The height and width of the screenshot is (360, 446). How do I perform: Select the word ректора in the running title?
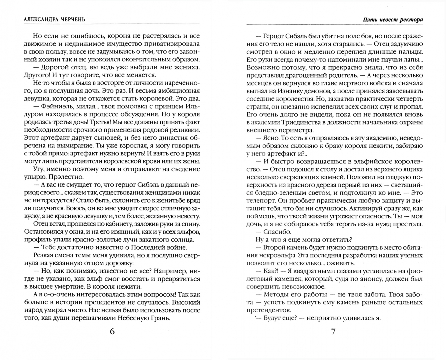click(412, 19)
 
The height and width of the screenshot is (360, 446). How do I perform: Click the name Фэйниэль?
click(59, 106)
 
